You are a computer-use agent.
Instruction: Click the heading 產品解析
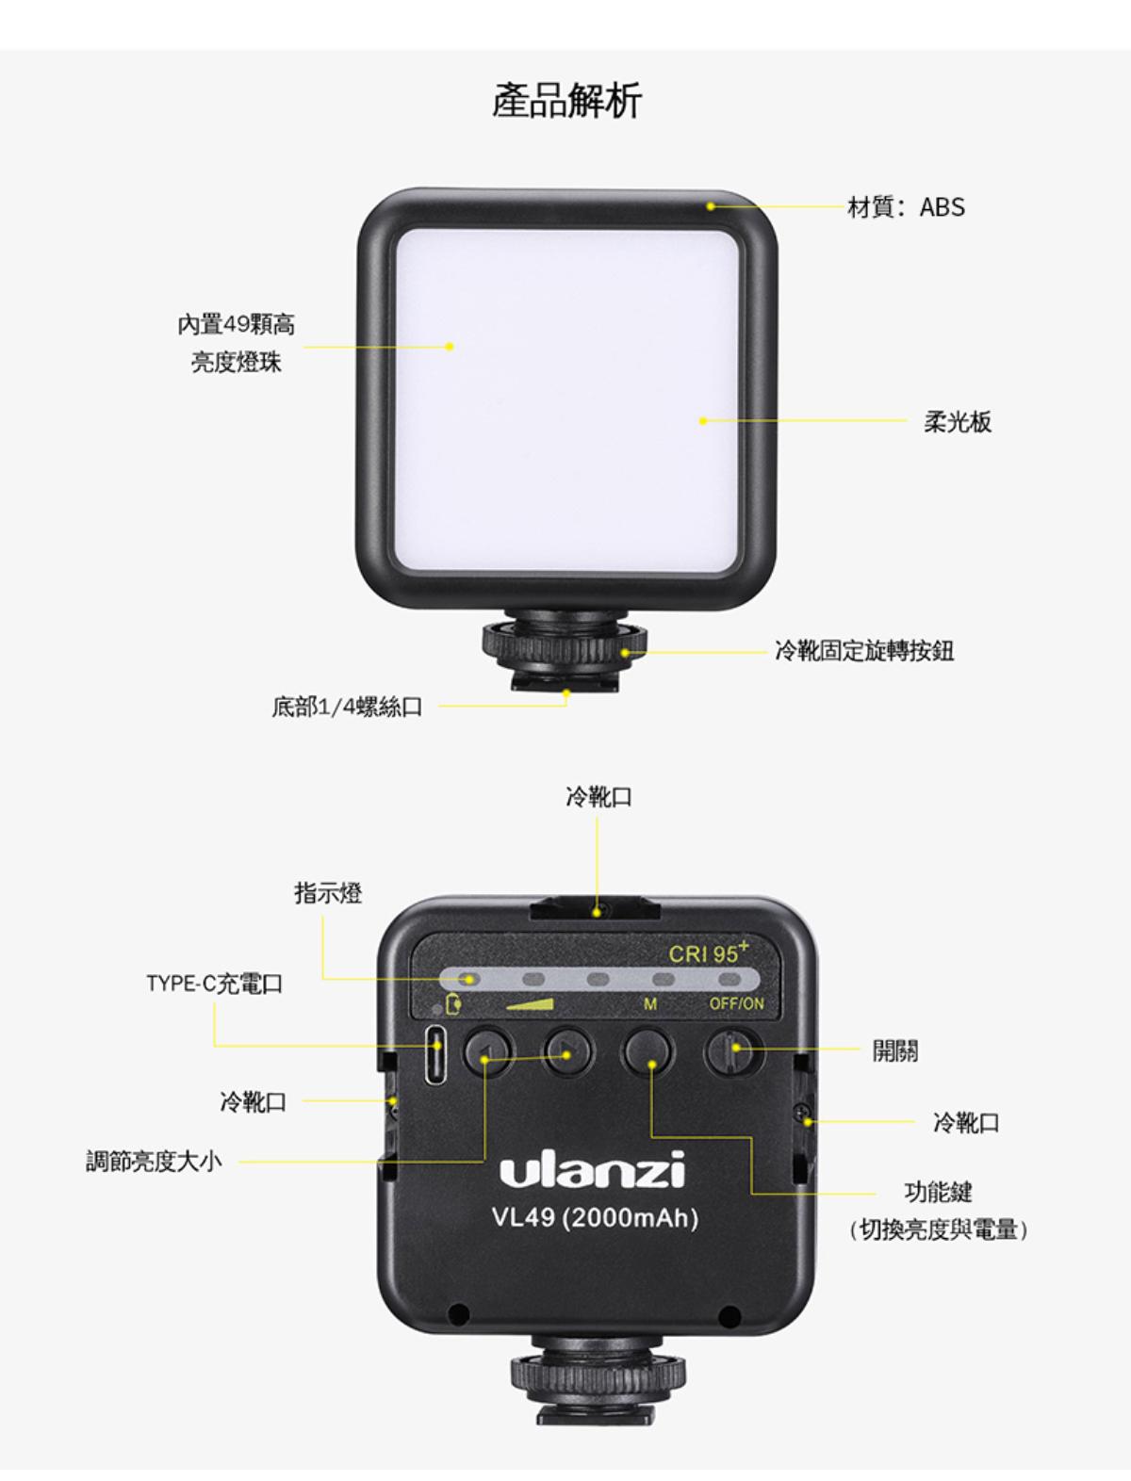566,101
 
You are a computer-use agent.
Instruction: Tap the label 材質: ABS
906,207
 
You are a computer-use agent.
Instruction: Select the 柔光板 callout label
958,422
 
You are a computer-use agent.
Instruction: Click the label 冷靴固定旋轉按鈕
864,651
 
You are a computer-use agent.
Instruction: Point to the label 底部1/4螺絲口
347,707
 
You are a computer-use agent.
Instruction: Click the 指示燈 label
328,892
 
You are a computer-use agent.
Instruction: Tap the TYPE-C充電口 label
215,984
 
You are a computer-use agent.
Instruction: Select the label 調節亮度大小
154,1162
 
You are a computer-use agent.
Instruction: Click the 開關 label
894,1050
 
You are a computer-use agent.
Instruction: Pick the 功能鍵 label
938,1192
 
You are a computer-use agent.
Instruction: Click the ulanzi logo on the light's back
592,1169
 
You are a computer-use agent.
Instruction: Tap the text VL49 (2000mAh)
595,1218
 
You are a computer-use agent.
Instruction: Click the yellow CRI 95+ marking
709,952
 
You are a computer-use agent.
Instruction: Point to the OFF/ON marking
736,1004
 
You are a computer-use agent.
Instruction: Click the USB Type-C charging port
436,1055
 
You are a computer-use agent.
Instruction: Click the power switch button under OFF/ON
733,1050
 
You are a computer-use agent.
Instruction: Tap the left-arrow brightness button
488,1052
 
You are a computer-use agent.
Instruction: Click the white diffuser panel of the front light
566,399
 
